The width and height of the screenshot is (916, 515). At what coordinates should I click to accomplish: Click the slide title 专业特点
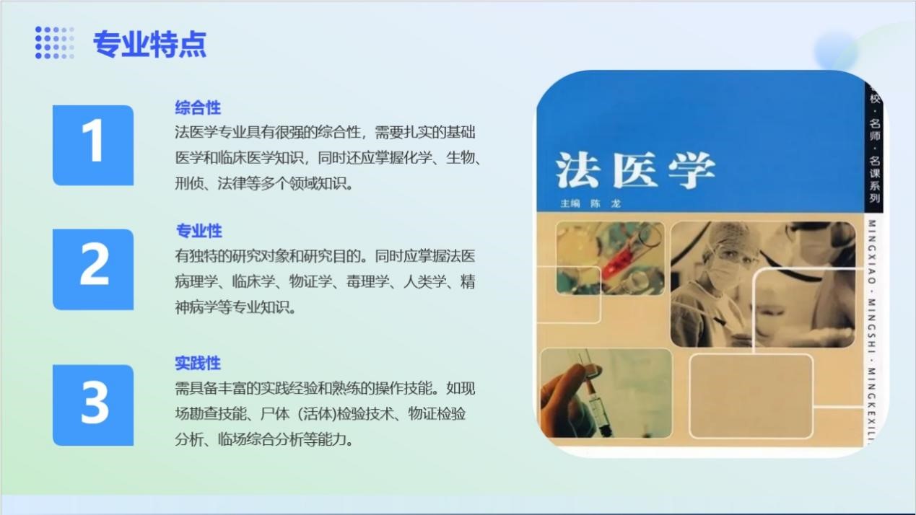[149, 44]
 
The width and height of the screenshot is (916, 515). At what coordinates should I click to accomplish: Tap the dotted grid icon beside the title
[54, 43]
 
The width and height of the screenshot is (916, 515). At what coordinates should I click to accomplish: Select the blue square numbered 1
[93, 145]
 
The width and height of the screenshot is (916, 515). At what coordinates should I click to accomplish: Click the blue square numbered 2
[93, 269]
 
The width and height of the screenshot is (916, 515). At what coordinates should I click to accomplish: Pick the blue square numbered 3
[93, 405]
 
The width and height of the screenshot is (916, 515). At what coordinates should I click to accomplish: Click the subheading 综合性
[198, 108]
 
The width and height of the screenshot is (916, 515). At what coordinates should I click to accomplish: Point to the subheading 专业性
[199, 231]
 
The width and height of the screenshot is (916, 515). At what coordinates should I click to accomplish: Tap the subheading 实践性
[198, 363]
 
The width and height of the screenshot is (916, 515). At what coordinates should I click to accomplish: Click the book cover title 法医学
[635, 170]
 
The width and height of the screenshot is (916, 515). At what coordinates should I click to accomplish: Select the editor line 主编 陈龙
[590, 203]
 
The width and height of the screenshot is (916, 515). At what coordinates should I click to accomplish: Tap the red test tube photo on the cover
[610, 258]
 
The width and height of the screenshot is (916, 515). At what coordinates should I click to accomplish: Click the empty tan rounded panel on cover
[751, 396]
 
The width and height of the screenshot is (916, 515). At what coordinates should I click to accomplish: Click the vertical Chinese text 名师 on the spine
[875, 129]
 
